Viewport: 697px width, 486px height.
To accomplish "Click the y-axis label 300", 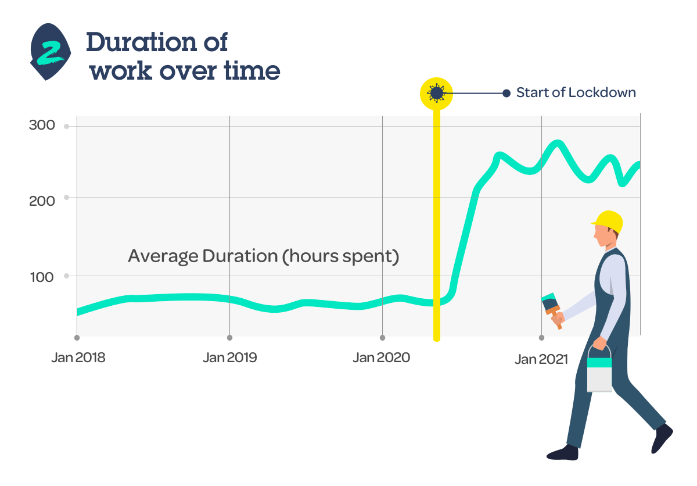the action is click(42, 125).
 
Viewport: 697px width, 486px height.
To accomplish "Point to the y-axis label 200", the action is click(42, 201).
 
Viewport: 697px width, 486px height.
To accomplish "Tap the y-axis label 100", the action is click(42, 277).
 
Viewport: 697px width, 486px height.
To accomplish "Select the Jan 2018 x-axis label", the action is click(78, 358).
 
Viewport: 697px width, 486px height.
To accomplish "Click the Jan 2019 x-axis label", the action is click(230, 358).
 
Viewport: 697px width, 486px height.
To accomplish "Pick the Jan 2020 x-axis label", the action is click(381, 358).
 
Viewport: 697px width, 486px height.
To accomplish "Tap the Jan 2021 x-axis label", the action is click(541, 359).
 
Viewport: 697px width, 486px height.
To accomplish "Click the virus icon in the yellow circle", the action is click(436, 93).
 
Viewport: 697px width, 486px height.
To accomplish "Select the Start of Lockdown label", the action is click(576, 92).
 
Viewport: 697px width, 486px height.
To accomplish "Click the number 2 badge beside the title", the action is click(51, 52).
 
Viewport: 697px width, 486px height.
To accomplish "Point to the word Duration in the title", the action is click(142, 42).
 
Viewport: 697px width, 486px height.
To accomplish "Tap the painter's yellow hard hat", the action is click(608, 221).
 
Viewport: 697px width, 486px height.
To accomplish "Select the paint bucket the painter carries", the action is click(599, 370).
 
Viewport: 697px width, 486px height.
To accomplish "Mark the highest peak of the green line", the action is click(558, 143).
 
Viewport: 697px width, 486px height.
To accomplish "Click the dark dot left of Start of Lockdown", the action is click(506, 93).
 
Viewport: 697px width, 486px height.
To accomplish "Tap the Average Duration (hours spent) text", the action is click(263, 256).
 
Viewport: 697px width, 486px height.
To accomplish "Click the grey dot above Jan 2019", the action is click(229, 338).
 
